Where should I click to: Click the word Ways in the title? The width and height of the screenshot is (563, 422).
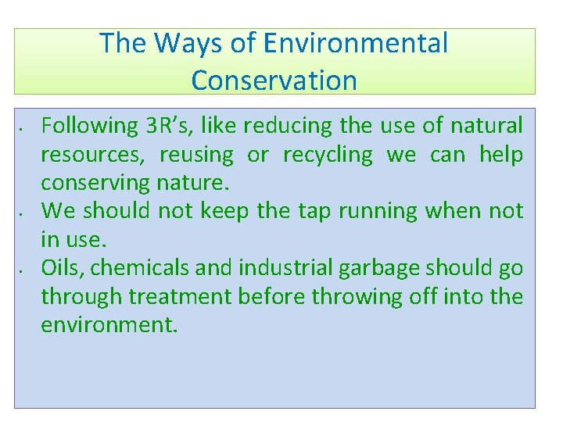183,43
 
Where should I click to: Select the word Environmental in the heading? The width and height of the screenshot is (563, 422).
356,43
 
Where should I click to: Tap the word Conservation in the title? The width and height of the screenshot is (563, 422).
274,80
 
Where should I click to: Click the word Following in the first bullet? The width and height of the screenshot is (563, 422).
89,126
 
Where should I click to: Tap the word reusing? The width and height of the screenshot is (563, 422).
196,155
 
